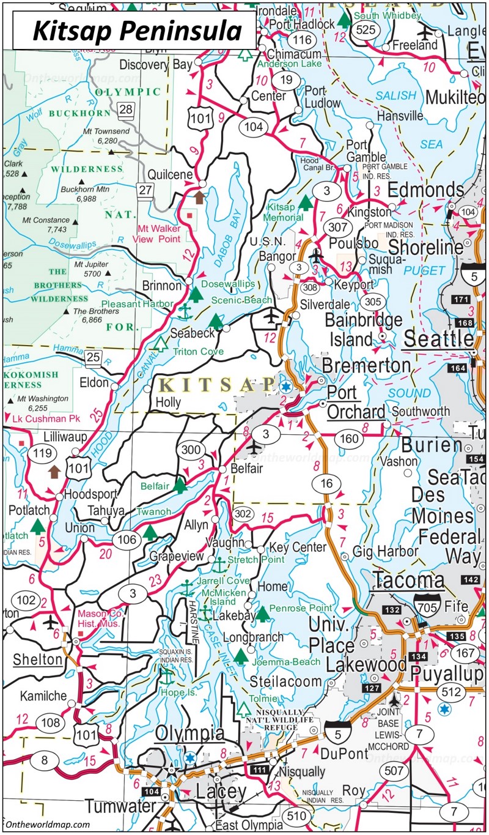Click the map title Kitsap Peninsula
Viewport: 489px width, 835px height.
(135, 30)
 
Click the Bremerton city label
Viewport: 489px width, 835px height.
(366, 366)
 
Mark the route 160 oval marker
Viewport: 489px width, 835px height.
(349, 438)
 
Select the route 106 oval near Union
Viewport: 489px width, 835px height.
(127, 539)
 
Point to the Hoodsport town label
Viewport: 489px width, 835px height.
(86, 494)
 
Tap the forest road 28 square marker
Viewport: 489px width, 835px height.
(125, 110)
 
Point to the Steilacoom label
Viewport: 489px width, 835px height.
(285, 681)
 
